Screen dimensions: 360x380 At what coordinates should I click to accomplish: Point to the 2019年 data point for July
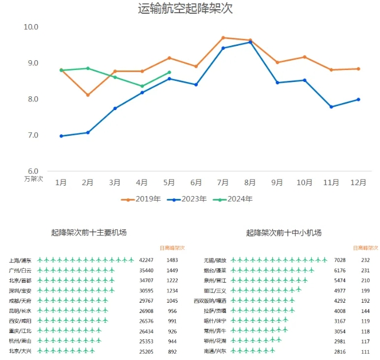coord(223,38)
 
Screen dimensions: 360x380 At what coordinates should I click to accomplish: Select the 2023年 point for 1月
coord(61,136)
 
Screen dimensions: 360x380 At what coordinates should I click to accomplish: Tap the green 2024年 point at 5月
coord(169,72)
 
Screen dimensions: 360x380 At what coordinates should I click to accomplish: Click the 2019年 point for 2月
coord(88,95)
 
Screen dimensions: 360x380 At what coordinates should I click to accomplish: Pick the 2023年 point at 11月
coord(331,107)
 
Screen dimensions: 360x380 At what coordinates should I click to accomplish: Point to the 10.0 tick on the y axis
coord(31,27)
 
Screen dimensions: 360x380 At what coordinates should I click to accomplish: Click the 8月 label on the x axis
coord(250,182)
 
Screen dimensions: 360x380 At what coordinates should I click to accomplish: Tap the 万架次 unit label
coord(34,179)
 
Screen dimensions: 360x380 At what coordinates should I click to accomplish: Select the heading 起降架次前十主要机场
coord(89,233)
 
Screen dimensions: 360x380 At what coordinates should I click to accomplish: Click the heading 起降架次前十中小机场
coord(284,233)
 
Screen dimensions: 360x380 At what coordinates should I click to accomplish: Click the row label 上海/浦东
coord(21,260)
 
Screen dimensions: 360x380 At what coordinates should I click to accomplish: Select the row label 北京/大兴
coord(21,350)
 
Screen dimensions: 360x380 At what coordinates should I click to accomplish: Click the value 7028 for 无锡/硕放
coord(340,260)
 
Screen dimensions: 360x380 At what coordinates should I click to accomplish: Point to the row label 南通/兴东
coord(215,350)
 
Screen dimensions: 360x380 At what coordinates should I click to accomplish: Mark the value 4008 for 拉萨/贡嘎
coord(340,310)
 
